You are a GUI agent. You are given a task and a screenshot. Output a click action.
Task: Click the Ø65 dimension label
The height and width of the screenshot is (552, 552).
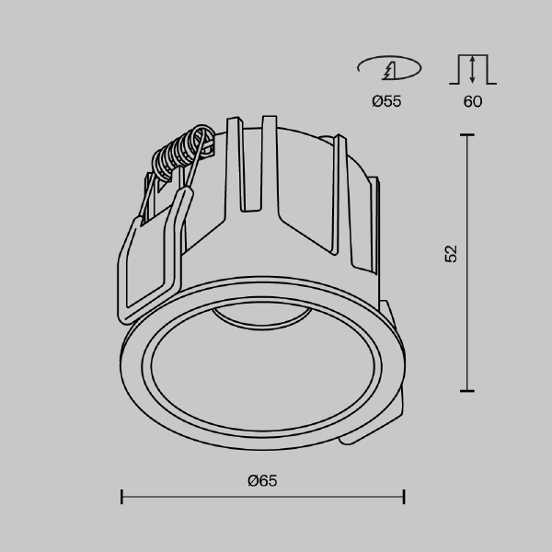click(262, 480)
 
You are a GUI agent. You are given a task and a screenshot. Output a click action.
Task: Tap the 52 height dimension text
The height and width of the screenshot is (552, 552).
click(450, 255)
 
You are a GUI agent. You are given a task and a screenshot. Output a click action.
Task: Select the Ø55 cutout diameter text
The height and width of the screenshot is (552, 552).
click(386, 102)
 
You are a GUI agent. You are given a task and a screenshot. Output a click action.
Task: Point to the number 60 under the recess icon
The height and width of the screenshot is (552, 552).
click(472, 102)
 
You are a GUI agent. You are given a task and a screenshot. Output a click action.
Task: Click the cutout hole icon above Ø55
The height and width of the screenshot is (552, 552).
click(387, 69)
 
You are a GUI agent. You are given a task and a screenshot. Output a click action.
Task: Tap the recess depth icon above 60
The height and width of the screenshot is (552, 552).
click(472, 69)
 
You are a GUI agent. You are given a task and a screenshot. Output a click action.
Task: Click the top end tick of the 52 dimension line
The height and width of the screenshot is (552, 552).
click(467, 134)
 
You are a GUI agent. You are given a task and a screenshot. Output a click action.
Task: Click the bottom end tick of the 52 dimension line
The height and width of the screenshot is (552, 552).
click(467, 391)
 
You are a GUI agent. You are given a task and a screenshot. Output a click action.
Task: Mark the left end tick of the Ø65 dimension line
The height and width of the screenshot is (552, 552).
click(122, 498)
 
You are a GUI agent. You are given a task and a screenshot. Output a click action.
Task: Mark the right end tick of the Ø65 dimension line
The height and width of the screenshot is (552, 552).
click(404, 498)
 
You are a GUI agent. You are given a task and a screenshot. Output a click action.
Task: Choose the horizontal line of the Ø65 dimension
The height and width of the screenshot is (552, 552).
click(262, 498)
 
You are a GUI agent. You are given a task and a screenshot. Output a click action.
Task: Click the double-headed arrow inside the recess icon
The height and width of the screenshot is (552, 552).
click(472, 69)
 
